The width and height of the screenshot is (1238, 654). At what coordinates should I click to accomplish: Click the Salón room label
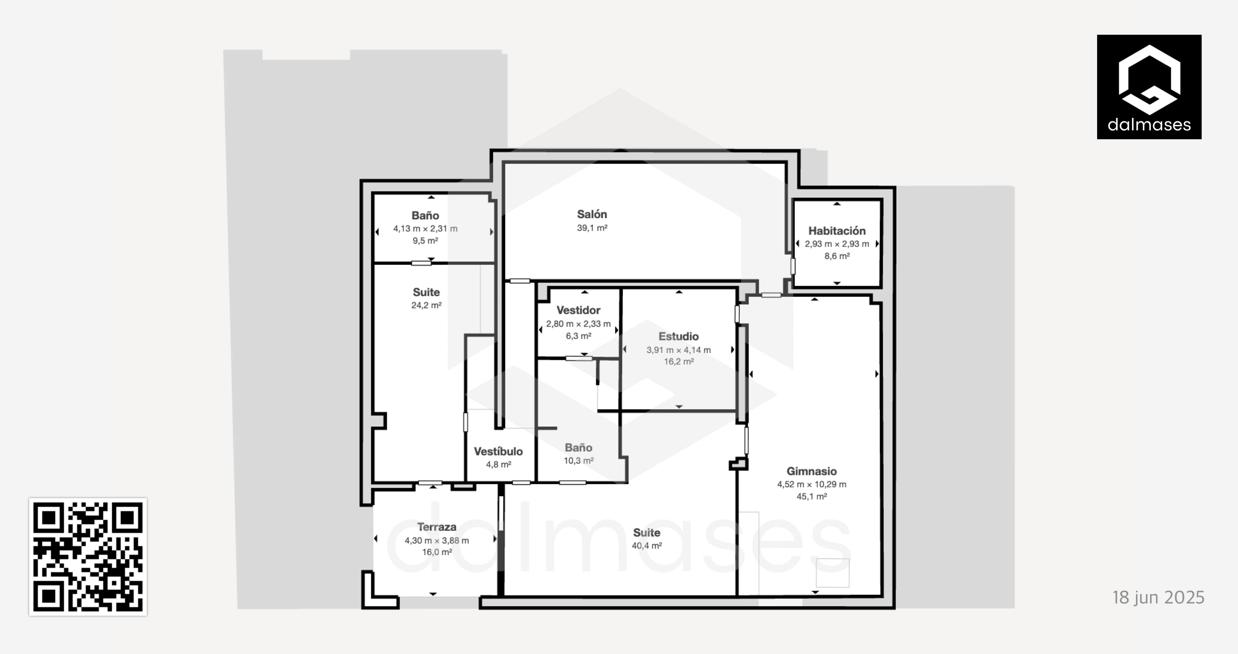point(592,214)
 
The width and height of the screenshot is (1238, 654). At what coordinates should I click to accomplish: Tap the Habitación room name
point(837,231)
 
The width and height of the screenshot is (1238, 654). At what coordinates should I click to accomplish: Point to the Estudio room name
point(679,336)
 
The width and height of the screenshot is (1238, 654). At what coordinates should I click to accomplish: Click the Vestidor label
point(578,310)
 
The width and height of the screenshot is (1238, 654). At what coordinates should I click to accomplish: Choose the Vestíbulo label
point(498,451)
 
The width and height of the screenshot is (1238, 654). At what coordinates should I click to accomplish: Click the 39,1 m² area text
point(592,228)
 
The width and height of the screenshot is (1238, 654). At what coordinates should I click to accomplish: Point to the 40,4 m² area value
point(647,546)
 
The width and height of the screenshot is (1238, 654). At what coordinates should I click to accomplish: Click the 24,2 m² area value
point(426,305)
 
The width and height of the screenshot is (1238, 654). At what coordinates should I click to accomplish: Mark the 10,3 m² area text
point(579,461)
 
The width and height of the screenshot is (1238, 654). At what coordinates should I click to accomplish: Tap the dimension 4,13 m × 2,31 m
point(425,229)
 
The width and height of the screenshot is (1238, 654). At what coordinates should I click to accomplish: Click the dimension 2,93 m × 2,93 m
point(837,244)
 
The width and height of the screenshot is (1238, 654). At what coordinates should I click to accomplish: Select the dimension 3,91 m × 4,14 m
point(679,350)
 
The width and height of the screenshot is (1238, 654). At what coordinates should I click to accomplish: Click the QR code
point(88,557)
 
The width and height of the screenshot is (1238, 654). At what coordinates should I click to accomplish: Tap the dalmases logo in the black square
point(1149,87)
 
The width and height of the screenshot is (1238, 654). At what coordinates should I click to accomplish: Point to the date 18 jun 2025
point(1158,597)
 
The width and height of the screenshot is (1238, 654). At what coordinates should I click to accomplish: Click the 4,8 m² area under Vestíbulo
point(498,464)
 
